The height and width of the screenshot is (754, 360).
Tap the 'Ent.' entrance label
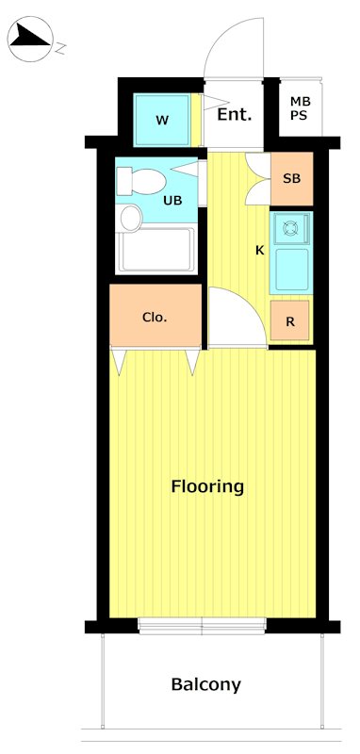click(x=234, y=115)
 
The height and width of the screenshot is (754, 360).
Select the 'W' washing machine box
click(x=162, y=120)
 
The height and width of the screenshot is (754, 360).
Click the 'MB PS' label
click(x=300, y=108)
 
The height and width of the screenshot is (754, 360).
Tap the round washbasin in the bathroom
click(x=130, y=220)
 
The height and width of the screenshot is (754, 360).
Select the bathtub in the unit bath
click(x=155, y=250)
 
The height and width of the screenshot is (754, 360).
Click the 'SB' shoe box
click(x=291, y=178)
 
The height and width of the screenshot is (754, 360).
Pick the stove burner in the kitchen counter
click(x=291, y=227)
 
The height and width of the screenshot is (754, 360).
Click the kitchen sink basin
click(x=291, y=270)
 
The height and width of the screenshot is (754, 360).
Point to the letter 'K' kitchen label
click(x=259, y=251)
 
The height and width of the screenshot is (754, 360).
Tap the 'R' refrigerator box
click(x=290, y=321)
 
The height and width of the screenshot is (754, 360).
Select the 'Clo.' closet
click(x=155, y=317)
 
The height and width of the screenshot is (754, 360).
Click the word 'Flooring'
click(x=207, y=487)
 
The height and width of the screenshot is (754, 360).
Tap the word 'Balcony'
click(x=205, y=685)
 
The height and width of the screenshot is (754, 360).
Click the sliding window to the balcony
click(x=202, y=625)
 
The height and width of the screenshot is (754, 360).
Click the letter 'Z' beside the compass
click(x=59, y=44)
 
